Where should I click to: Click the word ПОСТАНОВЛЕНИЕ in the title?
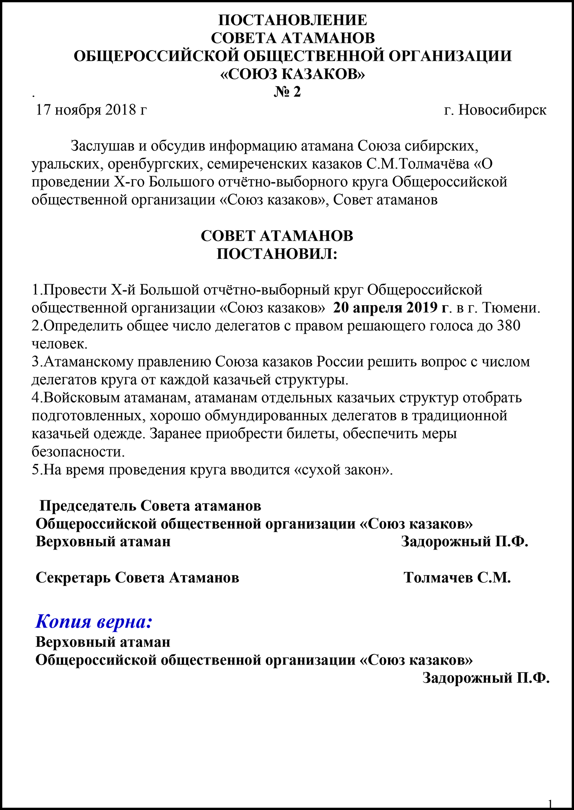point(293,20)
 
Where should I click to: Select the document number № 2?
point(287,92)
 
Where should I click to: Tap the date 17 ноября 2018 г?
point(91,110)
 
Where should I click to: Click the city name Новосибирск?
point(502,110)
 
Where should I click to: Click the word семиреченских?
point(257,164)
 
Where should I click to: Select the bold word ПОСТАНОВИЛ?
point(277,254)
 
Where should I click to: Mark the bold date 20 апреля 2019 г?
point(391,307)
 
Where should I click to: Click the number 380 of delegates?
point(508,326)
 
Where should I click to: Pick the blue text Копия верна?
point(94,621)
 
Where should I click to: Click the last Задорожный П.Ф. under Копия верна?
point(486,678)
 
